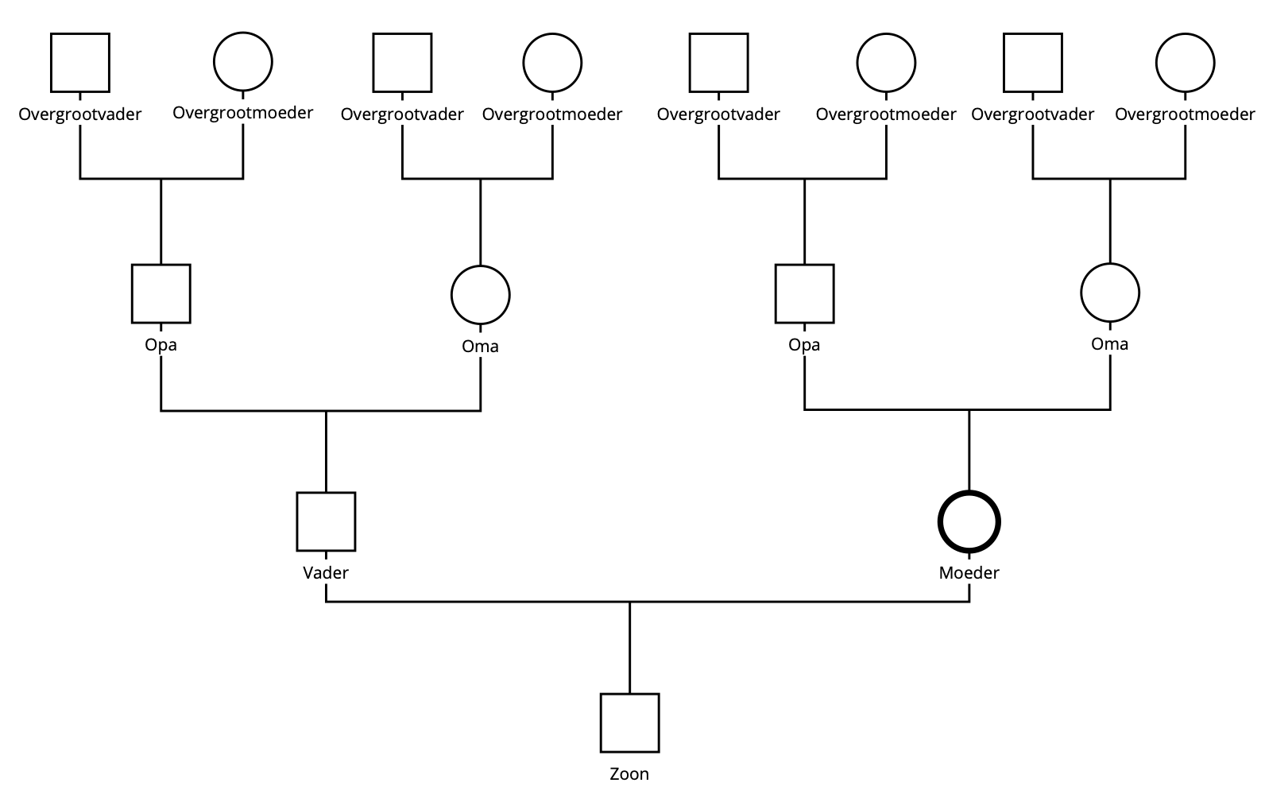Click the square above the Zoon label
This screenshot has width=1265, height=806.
pos(629,723)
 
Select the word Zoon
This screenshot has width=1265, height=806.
pos(629,773)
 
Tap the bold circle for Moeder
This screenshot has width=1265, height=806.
pos(969,522)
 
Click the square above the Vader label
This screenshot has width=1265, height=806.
pos(326,521)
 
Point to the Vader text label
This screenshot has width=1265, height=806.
pos(326,572)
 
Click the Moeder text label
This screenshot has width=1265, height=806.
pos(969,572)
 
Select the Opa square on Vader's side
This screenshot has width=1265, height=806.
pos(161,294)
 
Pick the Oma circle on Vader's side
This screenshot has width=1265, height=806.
pos(480,295)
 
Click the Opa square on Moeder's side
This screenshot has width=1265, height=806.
pos(804,294)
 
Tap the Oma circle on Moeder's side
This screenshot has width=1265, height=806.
pos(1109,293)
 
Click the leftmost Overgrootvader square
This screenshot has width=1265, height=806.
pos(80,62)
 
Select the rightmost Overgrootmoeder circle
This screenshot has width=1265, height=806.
pos(1185,62)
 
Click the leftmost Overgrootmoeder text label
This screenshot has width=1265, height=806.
pos(243,113)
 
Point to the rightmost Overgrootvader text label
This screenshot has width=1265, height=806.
pos(1032,114)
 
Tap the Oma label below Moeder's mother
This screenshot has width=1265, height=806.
pos(1109,344)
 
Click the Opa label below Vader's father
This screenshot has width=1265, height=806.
pos(161,345)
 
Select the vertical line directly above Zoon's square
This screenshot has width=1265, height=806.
pos(629,648)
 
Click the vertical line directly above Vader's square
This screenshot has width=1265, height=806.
pos(326,451)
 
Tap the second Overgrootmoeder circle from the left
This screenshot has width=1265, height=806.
pos(552,62)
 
